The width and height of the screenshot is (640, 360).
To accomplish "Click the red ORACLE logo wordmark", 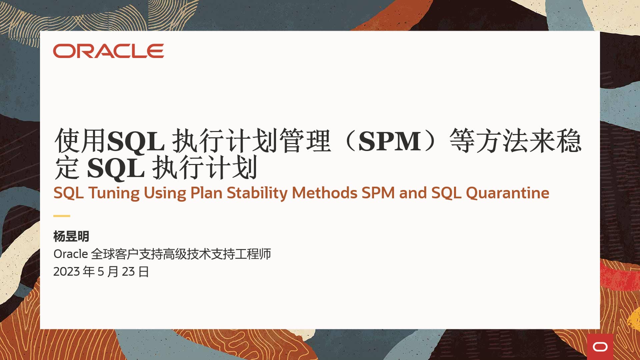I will click(108, 51).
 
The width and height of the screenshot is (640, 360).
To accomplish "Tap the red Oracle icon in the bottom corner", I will click(600, 347).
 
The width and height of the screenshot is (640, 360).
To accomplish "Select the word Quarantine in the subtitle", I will click(507, 193).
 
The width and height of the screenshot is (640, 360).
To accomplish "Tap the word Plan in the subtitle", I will click(206, 193).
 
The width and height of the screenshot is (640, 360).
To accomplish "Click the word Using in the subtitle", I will click(165, 193).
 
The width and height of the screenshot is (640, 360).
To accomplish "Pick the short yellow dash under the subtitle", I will click(62, 216).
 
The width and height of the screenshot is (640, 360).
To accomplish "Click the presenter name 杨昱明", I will click(71, 236).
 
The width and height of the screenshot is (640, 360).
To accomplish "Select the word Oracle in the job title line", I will click(70, 254).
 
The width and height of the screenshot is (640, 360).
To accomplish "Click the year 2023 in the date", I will click(67, 272).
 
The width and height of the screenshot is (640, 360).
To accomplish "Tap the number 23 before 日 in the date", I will click(128, 272).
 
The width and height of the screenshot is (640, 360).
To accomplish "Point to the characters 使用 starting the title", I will click(80, 141).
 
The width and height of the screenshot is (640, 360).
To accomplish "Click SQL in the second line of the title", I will click(116, 168).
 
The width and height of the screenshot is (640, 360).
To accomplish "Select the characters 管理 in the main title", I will click(305, 141).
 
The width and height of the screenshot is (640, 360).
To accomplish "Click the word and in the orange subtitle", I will click(413, 193).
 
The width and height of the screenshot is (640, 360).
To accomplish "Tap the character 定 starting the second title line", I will click(67, 168).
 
